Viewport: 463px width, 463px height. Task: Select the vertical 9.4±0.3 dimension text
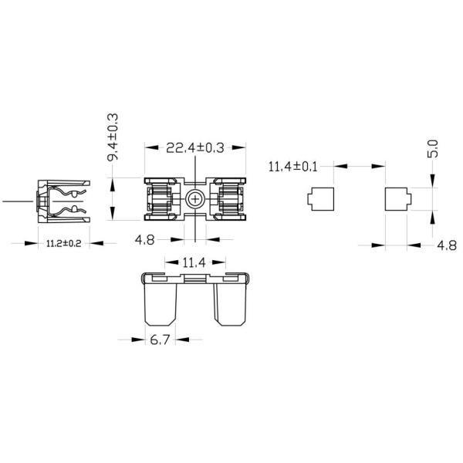point(113,136)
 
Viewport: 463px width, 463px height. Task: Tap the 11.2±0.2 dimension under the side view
point(65,243)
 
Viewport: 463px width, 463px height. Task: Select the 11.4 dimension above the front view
point(195,262)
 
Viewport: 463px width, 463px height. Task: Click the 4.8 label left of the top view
point(144,240)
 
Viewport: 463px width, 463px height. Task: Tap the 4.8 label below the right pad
point(446,245)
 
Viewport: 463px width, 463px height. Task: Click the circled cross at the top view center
point(195,200)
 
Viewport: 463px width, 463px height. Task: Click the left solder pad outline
point(319,200)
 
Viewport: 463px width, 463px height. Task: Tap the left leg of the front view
point(159,302)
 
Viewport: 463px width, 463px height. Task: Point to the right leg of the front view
point(232,302)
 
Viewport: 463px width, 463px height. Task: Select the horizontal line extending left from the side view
point(19,201)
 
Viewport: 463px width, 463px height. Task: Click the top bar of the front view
point(195,278)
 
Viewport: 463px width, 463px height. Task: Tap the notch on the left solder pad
point(309,201)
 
